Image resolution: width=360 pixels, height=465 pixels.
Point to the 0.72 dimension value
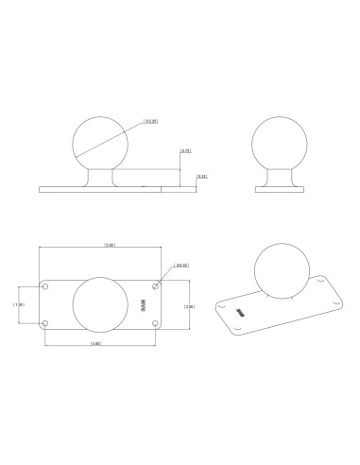(186, 151)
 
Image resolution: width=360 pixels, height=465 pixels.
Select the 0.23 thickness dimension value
(202, 177)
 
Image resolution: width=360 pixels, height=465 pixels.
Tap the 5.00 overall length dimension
(111, 245)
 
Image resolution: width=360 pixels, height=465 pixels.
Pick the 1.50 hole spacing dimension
(18, 305)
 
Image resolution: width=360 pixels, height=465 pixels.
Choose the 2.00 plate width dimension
(190, 306)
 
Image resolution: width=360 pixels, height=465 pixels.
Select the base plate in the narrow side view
(281, 189)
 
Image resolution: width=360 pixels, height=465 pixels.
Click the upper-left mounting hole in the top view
(45, 286)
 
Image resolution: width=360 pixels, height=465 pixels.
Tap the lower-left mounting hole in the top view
(45, 325)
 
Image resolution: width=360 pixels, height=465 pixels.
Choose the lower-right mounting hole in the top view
(157, 325)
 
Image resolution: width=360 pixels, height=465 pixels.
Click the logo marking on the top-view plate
(145, 305)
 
